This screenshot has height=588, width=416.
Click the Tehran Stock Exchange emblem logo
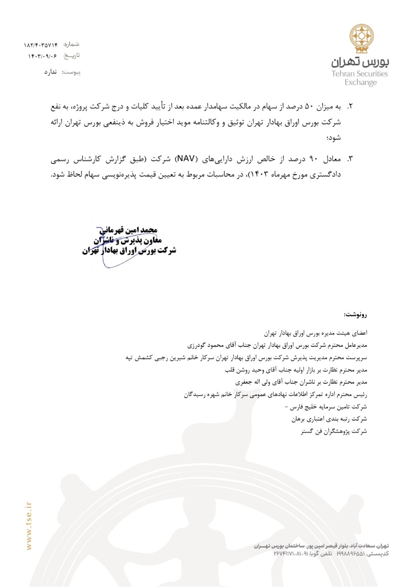[361, 38]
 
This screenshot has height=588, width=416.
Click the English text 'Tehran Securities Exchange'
[360, 78]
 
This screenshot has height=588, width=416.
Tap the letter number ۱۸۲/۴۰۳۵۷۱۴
[41, 45]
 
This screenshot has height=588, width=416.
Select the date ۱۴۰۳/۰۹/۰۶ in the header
[42, 56]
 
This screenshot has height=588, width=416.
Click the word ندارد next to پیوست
[50, 72]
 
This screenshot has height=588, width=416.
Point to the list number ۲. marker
[349, 107]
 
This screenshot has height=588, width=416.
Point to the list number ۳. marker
[349, 159]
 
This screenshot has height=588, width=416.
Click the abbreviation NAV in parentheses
[186, 159]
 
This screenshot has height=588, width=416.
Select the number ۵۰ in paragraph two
[309, 107]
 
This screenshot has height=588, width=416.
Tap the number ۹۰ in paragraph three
[313, 159]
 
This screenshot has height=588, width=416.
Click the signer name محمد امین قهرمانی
[128, 230]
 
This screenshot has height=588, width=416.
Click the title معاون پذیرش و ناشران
[127, 240]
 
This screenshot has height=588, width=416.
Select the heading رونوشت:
[355, 315]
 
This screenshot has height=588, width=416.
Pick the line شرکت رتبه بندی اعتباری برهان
[329, 419]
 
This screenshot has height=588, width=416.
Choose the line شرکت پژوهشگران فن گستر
[334, 431]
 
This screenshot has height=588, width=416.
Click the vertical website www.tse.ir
[29, 526]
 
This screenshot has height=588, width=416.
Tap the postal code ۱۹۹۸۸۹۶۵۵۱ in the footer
[350, 554]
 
